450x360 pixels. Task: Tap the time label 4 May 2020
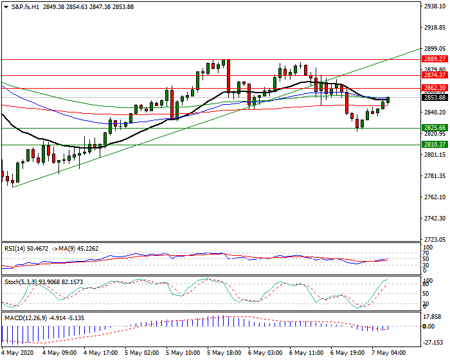pyautogui.click(x=18, y=353)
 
